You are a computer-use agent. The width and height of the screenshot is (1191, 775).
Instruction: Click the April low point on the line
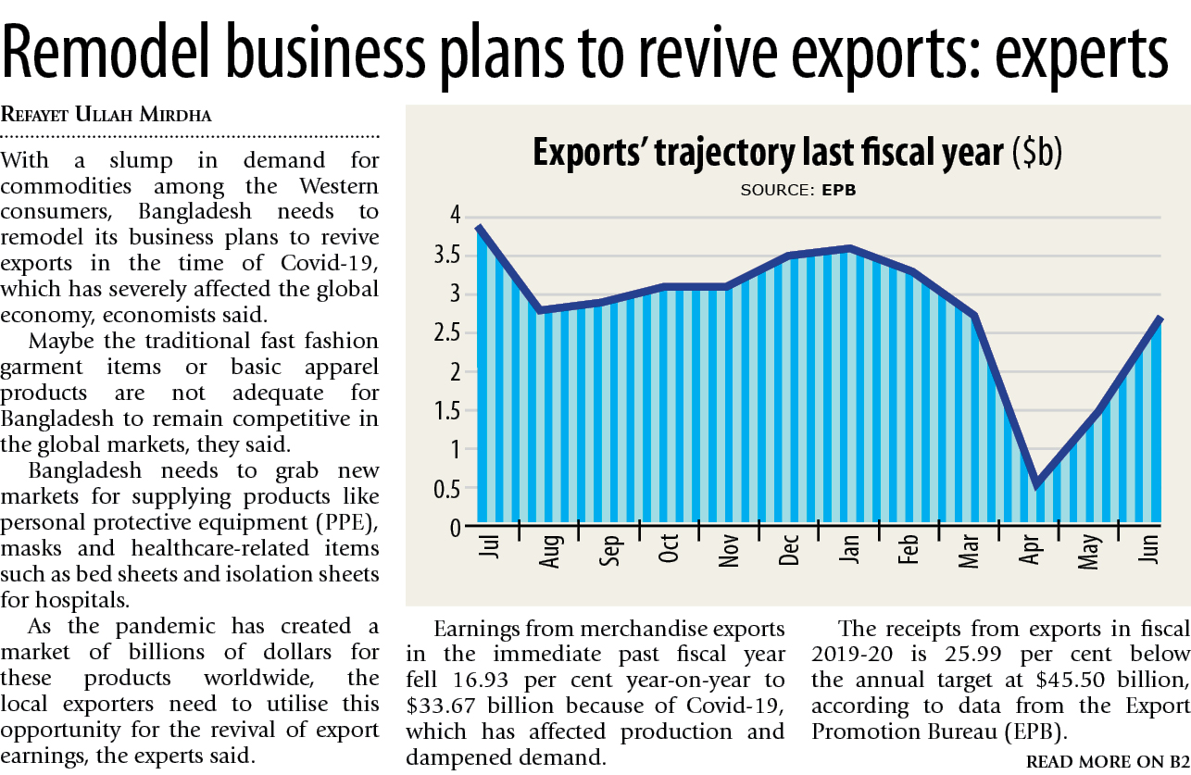pos(1037,485)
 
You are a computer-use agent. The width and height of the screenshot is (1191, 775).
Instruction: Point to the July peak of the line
pos(479,228)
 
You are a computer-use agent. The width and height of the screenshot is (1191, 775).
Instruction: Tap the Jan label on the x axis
pos(849,549)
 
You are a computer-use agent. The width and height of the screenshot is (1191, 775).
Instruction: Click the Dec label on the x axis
pos(789,550)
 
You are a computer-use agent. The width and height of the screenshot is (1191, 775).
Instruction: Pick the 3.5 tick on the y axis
pos(447,256)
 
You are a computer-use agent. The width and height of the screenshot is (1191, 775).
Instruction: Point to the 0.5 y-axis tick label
pos(447,489)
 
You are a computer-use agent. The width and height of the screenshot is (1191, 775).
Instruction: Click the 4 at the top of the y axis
pos(455,215)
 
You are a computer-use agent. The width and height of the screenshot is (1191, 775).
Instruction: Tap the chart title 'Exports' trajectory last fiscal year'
pos(769,152)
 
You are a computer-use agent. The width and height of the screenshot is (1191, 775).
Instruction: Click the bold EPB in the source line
pos(839,190)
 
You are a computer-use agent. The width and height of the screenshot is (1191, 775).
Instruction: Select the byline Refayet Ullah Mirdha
pos(107,115)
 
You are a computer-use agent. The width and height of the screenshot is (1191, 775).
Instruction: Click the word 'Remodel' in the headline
pos(107,52)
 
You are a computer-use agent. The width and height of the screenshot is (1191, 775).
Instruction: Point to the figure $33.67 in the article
pos(441,706)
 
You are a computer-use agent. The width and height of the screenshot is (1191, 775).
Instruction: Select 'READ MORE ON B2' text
pos(1108,762)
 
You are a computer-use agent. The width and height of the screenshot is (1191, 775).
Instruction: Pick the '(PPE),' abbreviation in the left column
pos(347,522)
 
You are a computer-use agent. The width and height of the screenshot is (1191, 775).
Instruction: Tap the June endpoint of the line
pos(1160,319)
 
